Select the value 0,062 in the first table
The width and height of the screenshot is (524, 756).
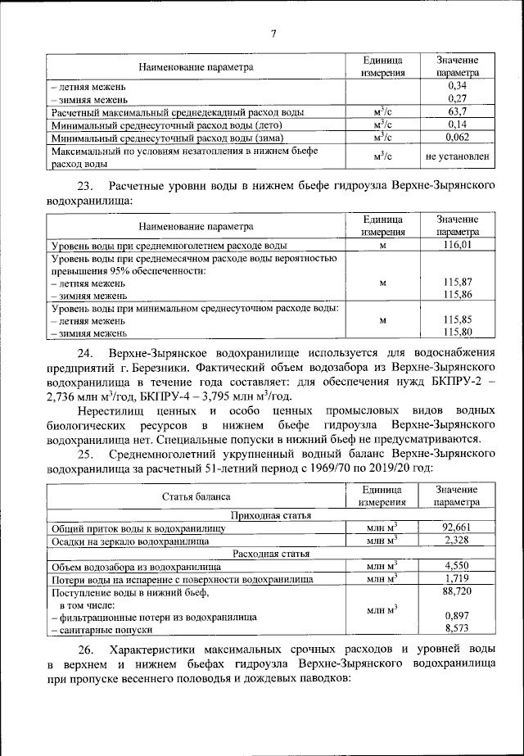click(458, 137)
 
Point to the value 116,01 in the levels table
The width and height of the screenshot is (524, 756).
click(458, 245)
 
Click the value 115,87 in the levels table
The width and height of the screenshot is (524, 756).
click(458, 281)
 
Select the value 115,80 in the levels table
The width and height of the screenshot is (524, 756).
click(458, 333)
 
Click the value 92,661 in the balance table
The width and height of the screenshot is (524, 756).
click(458, 527)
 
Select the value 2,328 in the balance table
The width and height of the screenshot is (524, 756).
click(458, 540)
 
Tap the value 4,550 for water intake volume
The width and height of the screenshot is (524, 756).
click(458, 565)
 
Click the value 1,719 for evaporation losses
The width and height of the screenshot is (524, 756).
click(458, 578)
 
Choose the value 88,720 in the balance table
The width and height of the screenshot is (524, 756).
click(458, 590)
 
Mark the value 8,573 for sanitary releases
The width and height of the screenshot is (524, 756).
click(458, 627)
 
